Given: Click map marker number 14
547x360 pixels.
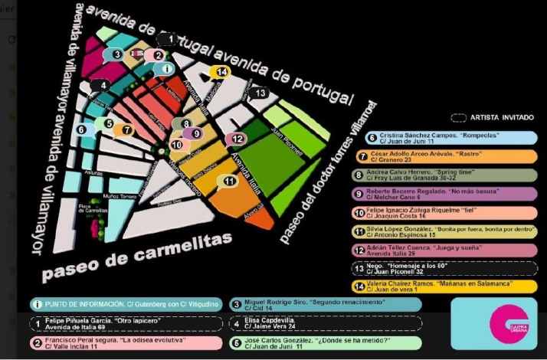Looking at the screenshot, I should pos(221,72).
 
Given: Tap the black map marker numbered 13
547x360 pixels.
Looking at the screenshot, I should pos(261,93).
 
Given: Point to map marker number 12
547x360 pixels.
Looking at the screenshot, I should pos(238,139).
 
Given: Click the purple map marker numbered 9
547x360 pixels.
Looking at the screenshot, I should pos(196,133).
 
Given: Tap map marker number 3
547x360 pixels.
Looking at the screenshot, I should pos(116,54).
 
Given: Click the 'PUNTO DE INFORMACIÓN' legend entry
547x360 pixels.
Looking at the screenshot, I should pos(122,304).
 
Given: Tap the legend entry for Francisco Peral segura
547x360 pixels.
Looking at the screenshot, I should pos(122,344).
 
